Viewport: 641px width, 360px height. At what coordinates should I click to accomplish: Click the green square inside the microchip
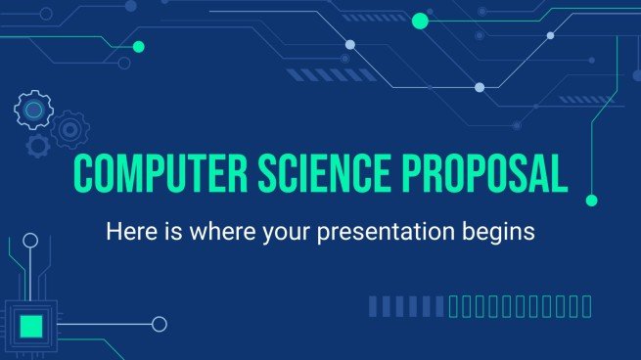[x=31, y=325]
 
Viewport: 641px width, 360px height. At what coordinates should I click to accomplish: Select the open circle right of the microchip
[x=160, y=325]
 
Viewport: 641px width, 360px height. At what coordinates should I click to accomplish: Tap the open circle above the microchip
[x=31, y=240]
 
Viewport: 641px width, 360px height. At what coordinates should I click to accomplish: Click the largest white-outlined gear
[x=33, y=110]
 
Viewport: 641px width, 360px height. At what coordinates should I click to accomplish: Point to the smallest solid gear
[x=38, y=146]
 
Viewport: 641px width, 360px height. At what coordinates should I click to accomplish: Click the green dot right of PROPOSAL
[x=591, y=201]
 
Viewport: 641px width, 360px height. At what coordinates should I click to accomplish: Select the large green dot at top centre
[x=421, y=20]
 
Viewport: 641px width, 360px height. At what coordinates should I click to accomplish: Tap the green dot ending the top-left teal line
[x=138, y=46]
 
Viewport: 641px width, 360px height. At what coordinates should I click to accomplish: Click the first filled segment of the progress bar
[x=373, y=308]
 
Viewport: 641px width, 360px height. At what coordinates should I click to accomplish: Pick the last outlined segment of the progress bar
[x=587, y=308]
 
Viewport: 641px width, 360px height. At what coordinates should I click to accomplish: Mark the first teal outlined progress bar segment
[x=453, y=308]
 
